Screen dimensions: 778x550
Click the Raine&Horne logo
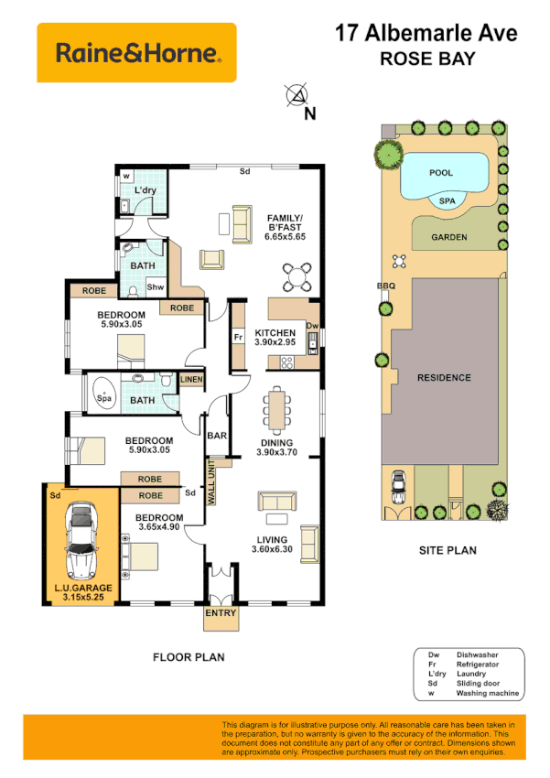(135, 53)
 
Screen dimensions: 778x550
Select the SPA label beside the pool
(448, 200)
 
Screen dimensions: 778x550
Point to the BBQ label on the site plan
(385, 286)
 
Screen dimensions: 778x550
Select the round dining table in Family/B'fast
(297, 276)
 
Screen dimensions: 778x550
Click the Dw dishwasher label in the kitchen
(311, 325)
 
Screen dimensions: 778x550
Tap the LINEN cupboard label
(191, 380)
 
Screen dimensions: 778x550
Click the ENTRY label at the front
(221, 613)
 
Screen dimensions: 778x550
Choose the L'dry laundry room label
(146, 190)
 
